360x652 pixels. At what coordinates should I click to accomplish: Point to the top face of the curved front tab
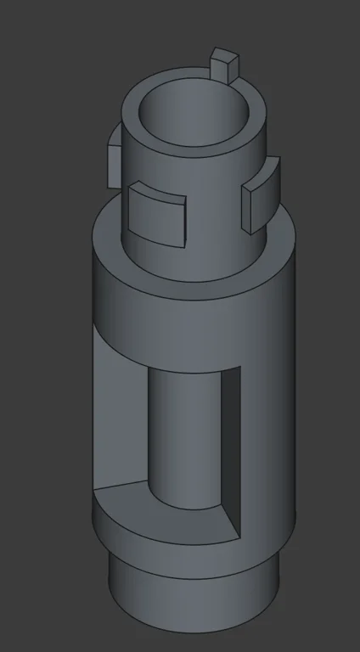[157, 189]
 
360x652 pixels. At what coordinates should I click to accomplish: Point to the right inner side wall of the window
[231, 441]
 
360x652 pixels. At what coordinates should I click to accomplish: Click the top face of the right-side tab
[260, 176]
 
